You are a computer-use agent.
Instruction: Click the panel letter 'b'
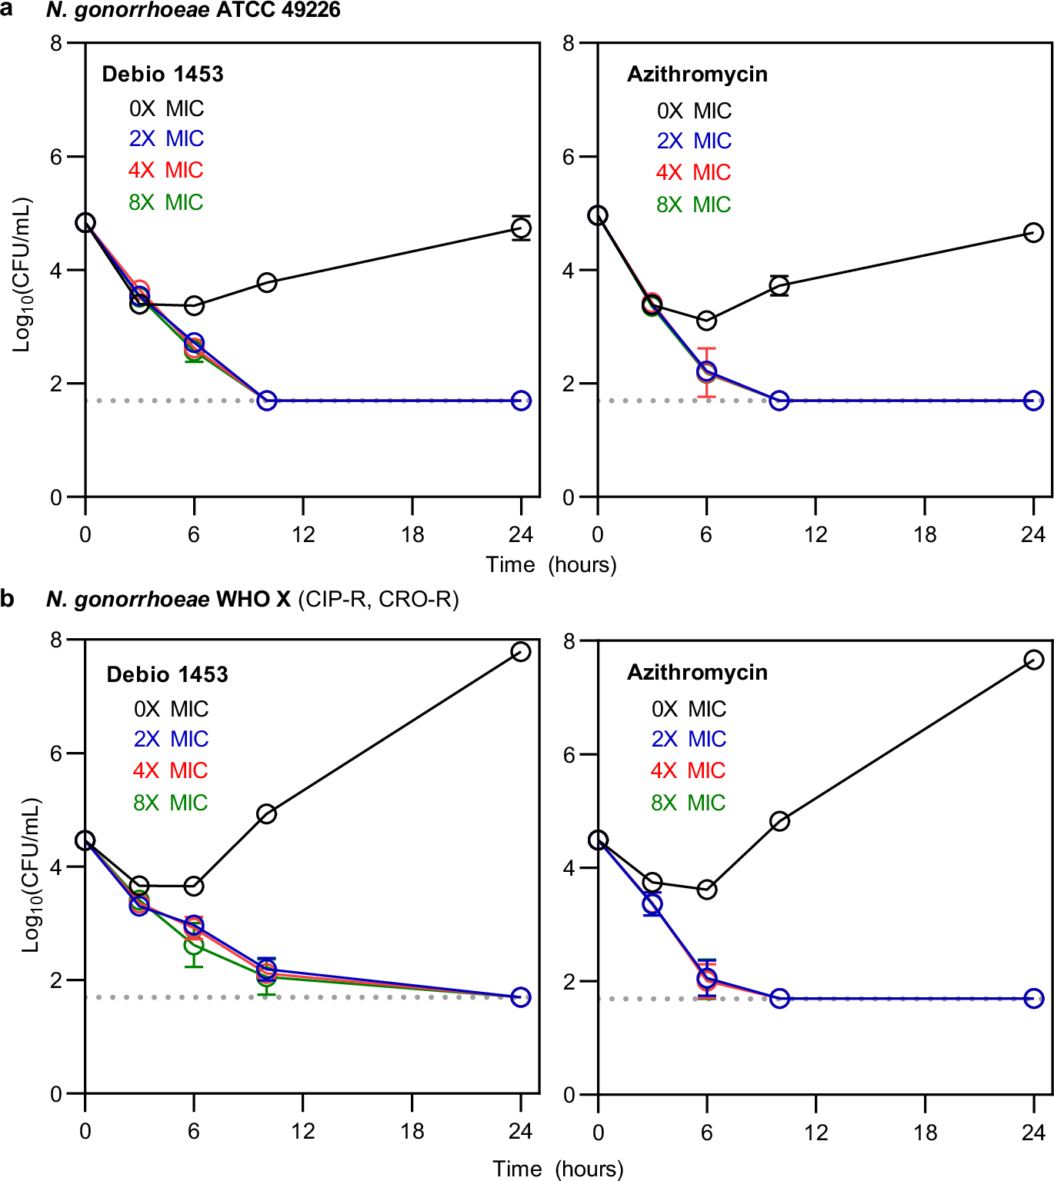tap(8, 598)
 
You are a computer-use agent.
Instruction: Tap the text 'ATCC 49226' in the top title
tap(276, 10)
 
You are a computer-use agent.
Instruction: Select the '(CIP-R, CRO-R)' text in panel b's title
tap(378, 599)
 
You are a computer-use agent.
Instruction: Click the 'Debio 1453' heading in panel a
tap(162, 74)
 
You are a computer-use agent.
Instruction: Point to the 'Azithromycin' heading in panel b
tap(697, 672)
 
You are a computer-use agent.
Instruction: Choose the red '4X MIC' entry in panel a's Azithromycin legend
tap(693, 172)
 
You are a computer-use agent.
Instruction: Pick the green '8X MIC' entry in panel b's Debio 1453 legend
tap(170, 803)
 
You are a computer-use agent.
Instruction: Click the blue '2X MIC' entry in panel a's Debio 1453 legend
tap(166, 138)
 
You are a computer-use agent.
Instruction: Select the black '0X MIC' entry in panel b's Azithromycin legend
tap(689, 709)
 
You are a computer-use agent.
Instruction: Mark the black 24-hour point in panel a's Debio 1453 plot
tap(521, 228)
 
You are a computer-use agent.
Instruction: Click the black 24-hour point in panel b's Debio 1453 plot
tap(521, 652)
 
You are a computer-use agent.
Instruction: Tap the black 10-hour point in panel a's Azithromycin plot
tap(779, 286)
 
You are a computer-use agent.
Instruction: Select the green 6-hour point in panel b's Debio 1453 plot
tap(194, 945)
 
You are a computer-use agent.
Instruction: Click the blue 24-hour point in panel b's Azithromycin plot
tap(1033, 999)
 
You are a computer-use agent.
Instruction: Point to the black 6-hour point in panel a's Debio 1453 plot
tap(194, 306)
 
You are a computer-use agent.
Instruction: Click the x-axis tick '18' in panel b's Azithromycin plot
tap(925, 1132)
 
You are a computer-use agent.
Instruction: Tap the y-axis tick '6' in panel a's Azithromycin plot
tap(569, 157)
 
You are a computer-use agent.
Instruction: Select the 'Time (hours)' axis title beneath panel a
tap(551, 565)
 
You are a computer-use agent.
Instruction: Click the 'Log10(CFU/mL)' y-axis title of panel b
tap(30, 875)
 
